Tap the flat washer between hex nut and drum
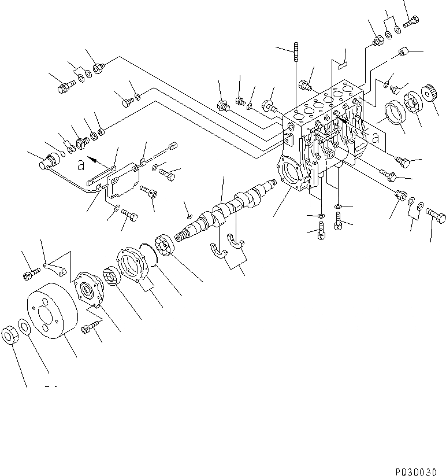24,327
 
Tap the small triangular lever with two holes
57,268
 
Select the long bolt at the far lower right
437,217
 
